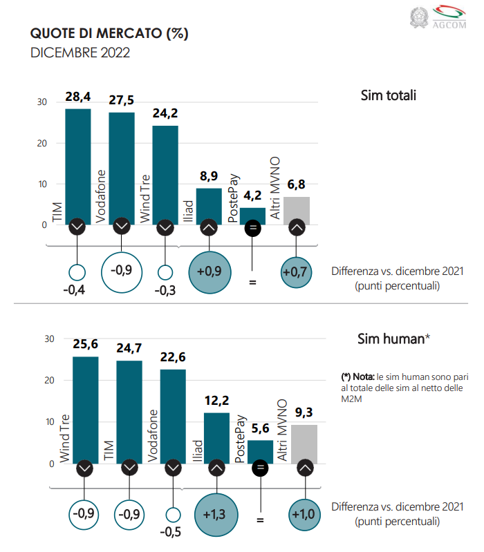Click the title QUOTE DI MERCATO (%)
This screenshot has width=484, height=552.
109,33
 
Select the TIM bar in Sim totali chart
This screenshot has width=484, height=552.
77,166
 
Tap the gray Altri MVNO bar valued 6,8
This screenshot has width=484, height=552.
297,210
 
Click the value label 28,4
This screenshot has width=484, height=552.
78,97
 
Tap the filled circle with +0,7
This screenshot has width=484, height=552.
297,272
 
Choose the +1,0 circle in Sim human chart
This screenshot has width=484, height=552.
304,514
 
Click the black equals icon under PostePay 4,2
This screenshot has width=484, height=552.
253,227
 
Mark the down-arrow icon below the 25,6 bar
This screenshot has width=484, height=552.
85,468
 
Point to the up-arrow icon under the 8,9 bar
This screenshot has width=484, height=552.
209,227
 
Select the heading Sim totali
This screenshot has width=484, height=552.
388,95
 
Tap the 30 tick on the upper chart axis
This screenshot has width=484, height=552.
41,102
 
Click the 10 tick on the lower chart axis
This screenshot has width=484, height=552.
49,422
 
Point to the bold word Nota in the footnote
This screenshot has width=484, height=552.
363,377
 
